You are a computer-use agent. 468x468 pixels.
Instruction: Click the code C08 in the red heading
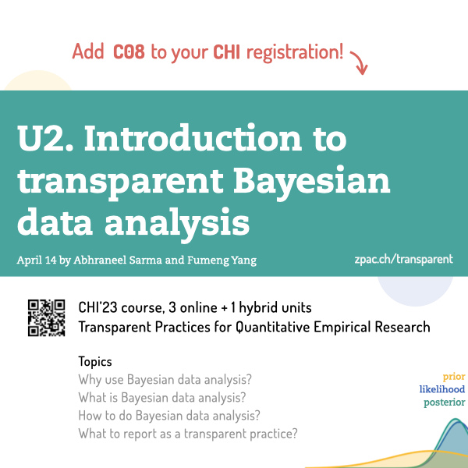(x=129, y=51)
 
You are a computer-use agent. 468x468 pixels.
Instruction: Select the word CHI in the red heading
(x=226, y=52)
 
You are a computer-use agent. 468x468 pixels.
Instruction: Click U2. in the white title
(x=45, y=138)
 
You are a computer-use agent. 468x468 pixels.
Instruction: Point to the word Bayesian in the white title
(x=311, y=181)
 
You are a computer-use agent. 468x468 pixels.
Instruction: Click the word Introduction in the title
(x=193, y=137)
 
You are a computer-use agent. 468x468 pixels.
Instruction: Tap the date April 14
(x=37, y=260)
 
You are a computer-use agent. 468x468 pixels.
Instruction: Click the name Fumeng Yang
(x=222, y=261)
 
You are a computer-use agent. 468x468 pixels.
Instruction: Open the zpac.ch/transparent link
(x=403, y=260)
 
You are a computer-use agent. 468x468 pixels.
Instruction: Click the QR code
(x=46, y=318)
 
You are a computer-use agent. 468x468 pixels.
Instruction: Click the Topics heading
(x=95, y=362)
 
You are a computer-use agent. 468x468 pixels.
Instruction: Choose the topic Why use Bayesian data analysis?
(x=165, y=380)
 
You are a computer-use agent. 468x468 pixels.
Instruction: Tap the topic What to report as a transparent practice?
(x=188, y=434)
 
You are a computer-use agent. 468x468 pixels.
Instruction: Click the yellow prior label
(x=454, y=377)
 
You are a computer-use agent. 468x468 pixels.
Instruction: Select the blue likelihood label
(x=442, y=389)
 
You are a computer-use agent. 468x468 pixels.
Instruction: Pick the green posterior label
(x=445, y=402)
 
